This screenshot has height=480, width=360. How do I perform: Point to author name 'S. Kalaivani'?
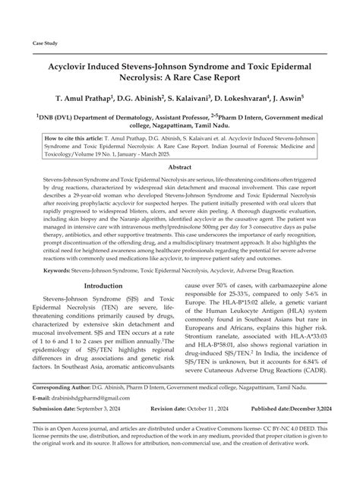point(182,99)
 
